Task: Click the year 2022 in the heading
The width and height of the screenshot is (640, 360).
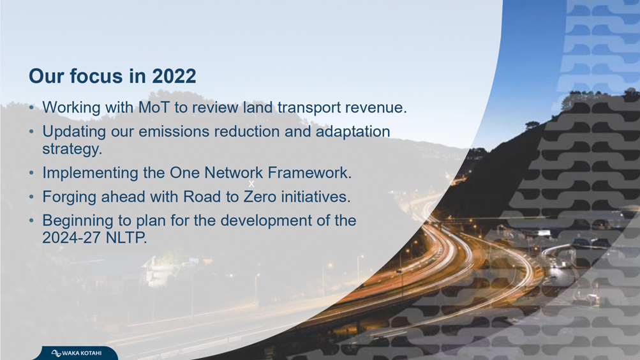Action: click(x=174, y=77)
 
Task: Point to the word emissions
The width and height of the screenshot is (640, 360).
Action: click(x=179, y=131)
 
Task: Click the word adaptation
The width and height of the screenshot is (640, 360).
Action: click(x=353, y=132)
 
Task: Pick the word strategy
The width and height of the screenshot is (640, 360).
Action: click(x=72, y=149)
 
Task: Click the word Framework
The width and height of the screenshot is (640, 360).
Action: click(x=309, y=172)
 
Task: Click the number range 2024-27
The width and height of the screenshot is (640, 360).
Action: click(x=72, y=237)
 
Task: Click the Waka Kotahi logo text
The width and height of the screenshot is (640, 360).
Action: click(x=82, y=353)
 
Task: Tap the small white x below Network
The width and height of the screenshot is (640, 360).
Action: click(x=251, y=184)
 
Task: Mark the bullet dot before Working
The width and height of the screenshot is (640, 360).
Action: click(x=31, y=108)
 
